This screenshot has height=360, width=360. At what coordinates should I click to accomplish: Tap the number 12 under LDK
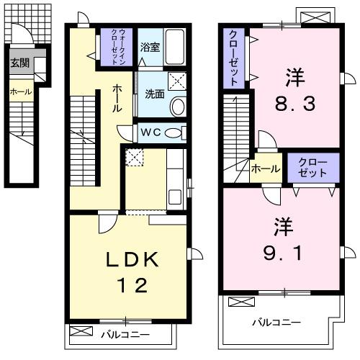135,285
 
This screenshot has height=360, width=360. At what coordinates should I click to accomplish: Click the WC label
150,133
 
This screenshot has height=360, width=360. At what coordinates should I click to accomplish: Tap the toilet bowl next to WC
174,133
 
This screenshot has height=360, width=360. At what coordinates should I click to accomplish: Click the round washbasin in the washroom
177,107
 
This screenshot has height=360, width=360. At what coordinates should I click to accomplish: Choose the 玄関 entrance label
19,63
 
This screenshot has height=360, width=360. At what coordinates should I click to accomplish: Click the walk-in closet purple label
117,47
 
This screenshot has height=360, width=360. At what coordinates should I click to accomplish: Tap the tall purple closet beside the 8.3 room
235,58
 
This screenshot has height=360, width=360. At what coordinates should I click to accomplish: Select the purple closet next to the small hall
311,168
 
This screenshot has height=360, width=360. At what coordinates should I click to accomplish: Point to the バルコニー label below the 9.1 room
276,322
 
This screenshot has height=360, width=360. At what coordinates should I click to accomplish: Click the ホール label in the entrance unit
19,91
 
